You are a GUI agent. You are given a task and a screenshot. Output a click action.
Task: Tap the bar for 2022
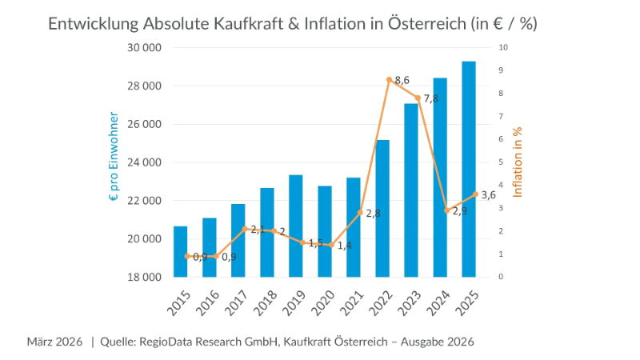tap(382, 208)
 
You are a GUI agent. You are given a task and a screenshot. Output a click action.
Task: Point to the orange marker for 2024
tap(446, 210)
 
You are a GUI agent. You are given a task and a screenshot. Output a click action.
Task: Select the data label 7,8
tap(430, 98)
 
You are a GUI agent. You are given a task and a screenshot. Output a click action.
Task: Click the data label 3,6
tap(489, 194)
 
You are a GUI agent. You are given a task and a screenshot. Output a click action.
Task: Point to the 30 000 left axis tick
tap(145, 48)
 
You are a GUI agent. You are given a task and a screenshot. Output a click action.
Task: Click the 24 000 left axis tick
tap(145, 162)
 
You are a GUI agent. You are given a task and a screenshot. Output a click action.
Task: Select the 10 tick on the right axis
tap(502, 48)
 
